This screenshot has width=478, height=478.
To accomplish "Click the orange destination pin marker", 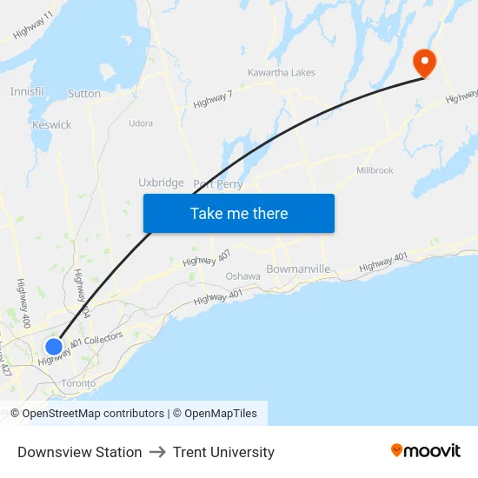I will coord(423,62).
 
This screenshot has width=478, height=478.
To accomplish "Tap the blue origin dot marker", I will coord(53,347).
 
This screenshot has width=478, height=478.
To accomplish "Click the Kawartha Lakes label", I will coord(281,73).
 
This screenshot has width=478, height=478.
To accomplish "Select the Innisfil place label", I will coord(26,91).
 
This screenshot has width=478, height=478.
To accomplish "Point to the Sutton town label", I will coord(84,94).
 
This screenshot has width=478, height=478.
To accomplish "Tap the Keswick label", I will coord(51,125).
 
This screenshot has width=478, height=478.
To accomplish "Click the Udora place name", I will coord(141,123).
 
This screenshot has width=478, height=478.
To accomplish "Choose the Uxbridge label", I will coord(161,183).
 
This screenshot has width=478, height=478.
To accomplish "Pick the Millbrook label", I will coord(375,170).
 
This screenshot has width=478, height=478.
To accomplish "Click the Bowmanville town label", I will coord(298,269).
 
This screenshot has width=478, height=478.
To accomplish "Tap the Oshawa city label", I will coord(242,276).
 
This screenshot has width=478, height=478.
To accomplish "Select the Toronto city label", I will coord(78,383).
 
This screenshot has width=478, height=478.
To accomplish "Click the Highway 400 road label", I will coord(22,298).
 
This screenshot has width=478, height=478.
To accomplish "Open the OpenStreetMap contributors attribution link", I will coord(93,414).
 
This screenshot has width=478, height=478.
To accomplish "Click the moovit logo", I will coord(425,451).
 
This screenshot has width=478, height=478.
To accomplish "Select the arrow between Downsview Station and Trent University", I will coord(157,452).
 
